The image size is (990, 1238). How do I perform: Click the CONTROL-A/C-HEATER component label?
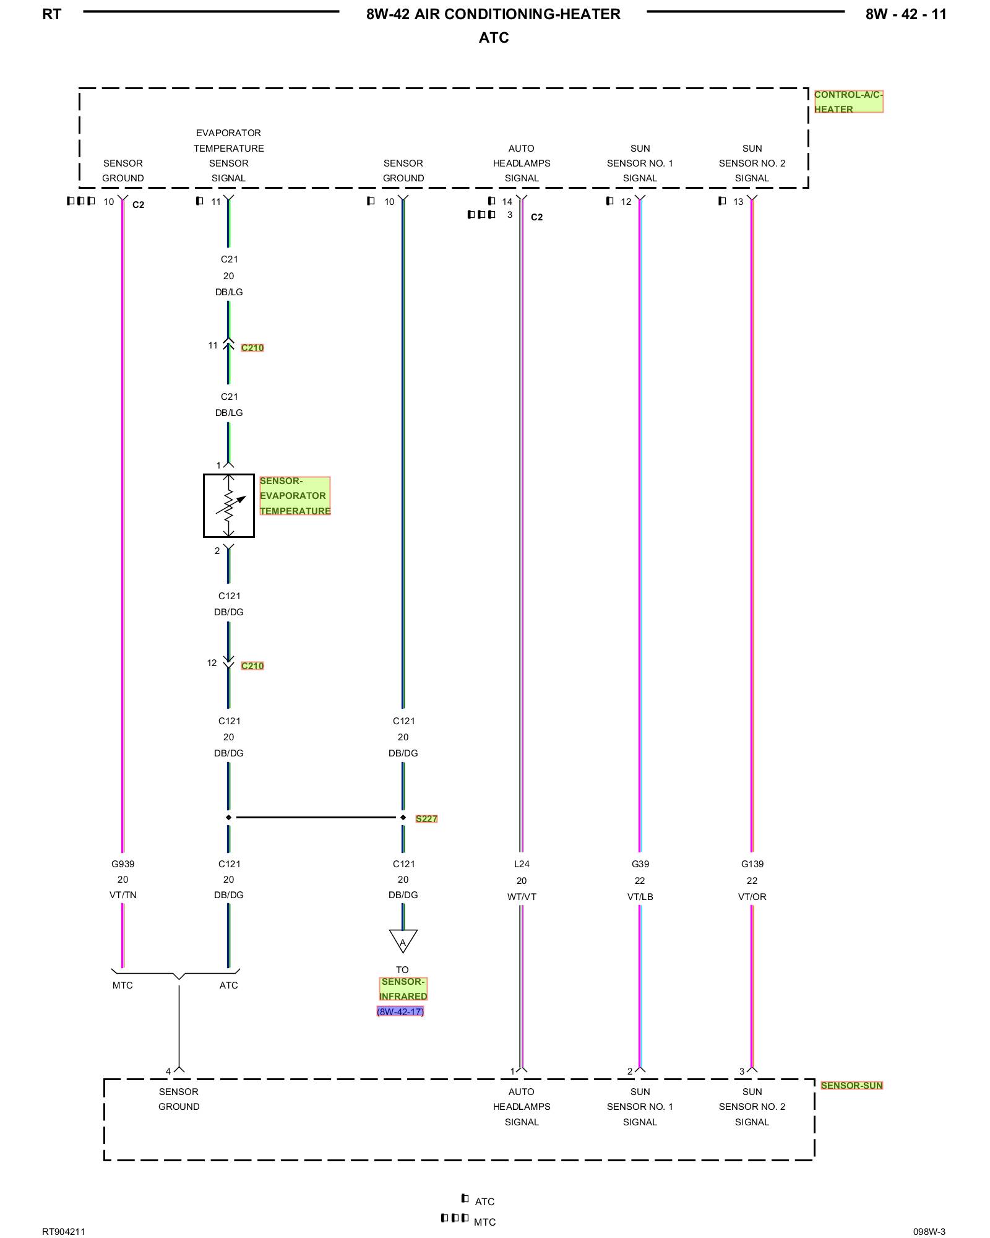pos(848,102)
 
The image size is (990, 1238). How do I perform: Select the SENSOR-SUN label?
pos(851,1085)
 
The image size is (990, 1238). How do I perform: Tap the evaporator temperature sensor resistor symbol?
pos(229,505)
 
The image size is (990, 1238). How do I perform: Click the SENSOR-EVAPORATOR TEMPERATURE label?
pos(295,496)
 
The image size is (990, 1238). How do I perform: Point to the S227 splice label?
pos(426,818)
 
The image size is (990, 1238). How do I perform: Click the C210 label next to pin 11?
pos(252,348)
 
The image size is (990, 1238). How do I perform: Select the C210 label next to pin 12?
pos(252,665)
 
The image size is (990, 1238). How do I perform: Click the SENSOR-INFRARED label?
pos(403,989)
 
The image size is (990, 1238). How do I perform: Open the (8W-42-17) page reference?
pos(400,1011)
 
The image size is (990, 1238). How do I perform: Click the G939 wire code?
pos(123,864)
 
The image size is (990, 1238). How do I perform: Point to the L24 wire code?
pos(522,864)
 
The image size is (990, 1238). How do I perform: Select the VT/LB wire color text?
pos(640,896)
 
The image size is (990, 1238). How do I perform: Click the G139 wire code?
pos(752,864)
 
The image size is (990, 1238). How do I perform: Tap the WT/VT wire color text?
pos(522,896)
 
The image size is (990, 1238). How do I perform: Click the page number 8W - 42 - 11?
pos(906,14)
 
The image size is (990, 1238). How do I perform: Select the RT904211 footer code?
pos(64,1231)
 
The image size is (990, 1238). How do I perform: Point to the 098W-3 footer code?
pos(929,1231)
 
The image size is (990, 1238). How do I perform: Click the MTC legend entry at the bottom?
pos(484,1222)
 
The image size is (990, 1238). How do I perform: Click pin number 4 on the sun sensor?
pos(168,1071)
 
